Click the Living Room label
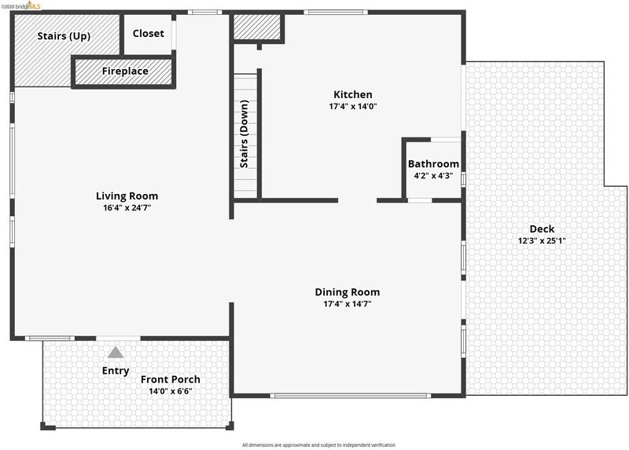pos(127,196)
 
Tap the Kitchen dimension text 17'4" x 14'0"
pos(353,107)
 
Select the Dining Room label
pos(348,292)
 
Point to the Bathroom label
pos(433,164)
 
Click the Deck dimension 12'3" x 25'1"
pos(542,241)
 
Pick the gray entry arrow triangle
pos(116,353)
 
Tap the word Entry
pos(116,371)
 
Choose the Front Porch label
pos(171,379)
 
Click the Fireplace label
pos(125,71)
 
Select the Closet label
pos(149,34)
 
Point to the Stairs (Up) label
pos(64,36)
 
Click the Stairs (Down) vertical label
pos(245,134)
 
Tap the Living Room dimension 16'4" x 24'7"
pos(127,208)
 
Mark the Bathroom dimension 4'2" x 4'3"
pos(433,175)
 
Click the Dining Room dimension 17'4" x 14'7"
pos(348,304)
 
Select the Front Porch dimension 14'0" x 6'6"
pos(171,391)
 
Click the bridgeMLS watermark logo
pos(21,5)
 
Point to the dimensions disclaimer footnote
pos(318,445)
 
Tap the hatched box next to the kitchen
pos(257,27)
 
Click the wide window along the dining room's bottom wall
pos(351,396)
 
